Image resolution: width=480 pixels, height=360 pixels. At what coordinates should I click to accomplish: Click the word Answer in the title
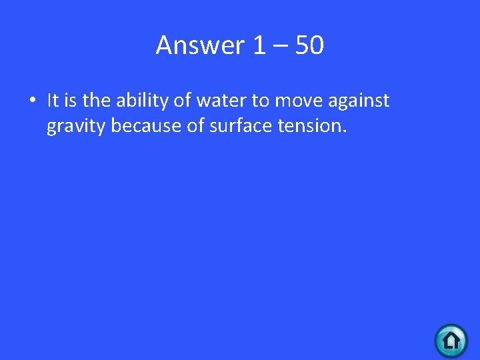point(201,45)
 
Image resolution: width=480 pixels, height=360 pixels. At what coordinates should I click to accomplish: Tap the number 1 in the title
point(259,45)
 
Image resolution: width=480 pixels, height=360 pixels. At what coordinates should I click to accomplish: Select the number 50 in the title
point(308,45)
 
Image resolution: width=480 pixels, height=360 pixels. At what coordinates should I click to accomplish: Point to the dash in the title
point(282,47)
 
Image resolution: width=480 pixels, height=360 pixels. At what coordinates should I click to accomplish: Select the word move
point(299,101)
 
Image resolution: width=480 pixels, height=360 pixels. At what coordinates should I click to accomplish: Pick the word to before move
point(261,101)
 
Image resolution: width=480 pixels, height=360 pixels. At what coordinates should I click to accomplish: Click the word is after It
point(71,101)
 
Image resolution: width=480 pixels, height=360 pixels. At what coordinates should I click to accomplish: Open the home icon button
point(451,341)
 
